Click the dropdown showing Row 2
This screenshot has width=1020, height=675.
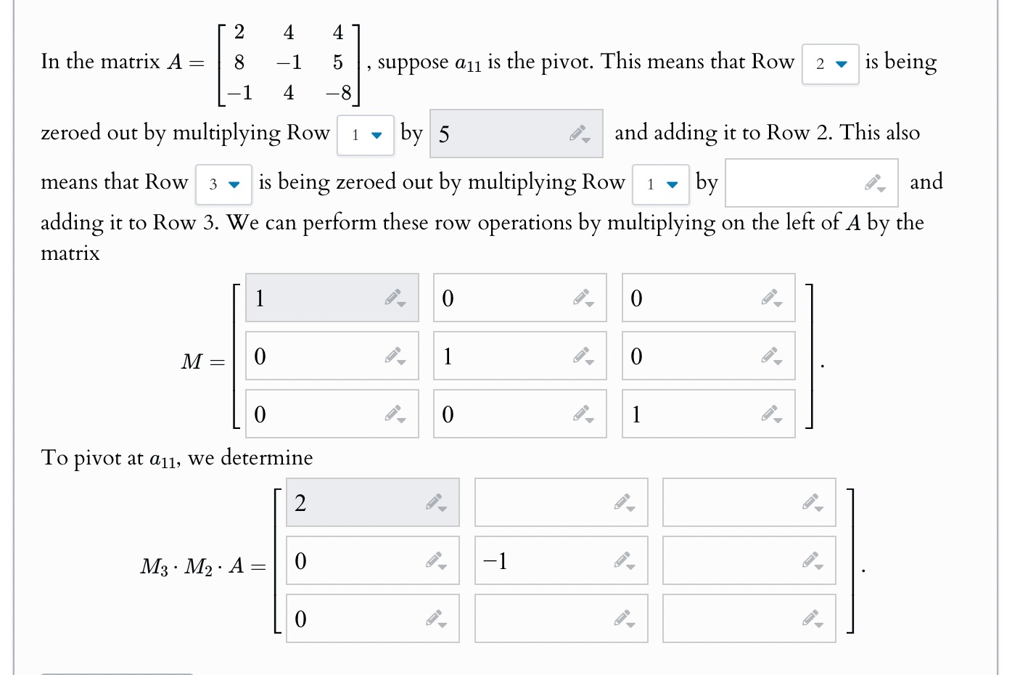(x=830, y=64)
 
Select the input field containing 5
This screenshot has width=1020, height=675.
(x=501, y=134)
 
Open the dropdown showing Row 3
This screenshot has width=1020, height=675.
(x=223, y=184)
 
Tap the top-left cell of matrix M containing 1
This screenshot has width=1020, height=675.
(x=319, y=298)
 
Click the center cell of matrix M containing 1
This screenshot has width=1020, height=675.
(x=508, y=356)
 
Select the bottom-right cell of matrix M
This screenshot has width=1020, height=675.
(x=696, y=414)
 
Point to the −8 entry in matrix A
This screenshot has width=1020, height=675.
(x=338, y=93)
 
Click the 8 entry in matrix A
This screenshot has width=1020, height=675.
(x=239, y=62)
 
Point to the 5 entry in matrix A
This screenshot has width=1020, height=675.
(x=338, y=62)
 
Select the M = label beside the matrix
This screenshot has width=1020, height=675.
(x=202, y=361)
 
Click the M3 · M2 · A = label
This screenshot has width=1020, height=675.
(x=203, y=566)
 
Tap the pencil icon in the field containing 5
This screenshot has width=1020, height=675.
(x=580, y=134)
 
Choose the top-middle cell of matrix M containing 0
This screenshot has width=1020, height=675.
(x=508, y=298)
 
